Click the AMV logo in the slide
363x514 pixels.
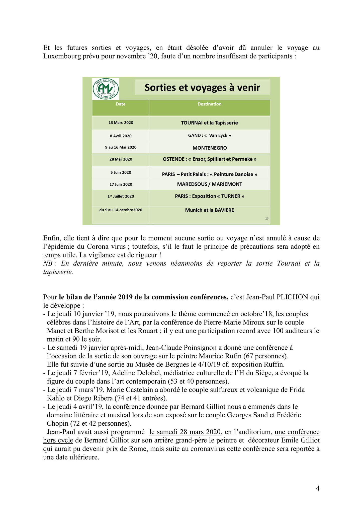tap(106, 89)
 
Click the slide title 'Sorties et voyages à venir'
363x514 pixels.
tap(202, 87)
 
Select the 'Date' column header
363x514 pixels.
tap(121, 104)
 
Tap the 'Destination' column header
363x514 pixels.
tap(209, 104)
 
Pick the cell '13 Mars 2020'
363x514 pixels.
tap(121, 123)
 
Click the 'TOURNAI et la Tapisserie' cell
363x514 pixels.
tap(209, 123)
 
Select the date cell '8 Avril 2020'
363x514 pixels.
tap(121, 136)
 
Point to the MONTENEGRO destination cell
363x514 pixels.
tap(209, 148)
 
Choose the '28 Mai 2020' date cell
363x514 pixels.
tap(121, 159)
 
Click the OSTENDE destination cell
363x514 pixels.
tap(209, 159)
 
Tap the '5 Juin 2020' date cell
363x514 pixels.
tap(121, 172)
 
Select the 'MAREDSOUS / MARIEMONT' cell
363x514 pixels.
tap(209, 184)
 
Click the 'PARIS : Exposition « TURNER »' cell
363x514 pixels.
tap(209, 196)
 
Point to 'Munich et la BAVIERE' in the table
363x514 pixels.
tap(209, 210)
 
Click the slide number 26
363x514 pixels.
tap(267, 219)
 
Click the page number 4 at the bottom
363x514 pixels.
tap(318, 488)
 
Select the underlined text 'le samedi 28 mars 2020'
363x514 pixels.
tap(185, 432)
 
